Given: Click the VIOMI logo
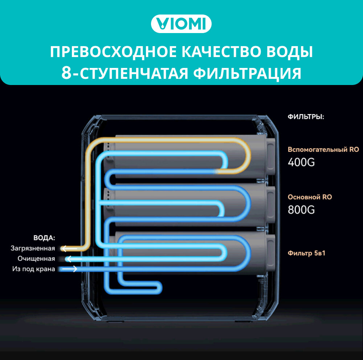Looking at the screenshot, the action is [x=181, y=24].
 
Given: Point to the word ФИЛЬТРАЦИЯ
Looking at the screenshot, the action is [x=247, y=73].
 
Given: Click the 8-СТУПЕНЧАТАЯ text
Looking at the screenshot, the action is [x=123, y=73].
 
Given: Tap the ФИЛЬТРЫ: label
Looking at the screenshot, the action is [x=306, y=117].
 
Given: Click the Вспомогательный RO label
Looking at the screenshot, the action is [x=323, y=150].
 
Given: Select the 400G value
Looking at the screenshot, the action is [x=301, y=162].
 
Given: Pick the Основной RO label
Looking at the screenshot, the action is [x=310, y=197].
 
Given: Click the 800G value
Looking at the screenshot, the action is [x=301, y=210].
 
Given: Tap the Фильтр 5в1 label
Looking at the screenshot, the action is [x=306, y=253].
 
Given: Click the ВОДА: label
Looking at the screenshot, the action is [x=44, y=238].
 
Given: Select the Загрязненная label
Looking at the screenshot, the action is [x=33, y=248].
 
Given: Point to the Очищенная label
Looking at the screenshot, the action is [x=36, y=259].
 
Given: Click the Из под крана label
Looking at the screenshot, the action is [x=33, y=269].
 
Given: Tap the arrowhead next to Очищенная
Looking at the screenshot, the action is [x=68, y=259].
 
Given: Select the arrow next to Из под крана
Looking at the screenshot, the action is [x=69, y=269].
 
